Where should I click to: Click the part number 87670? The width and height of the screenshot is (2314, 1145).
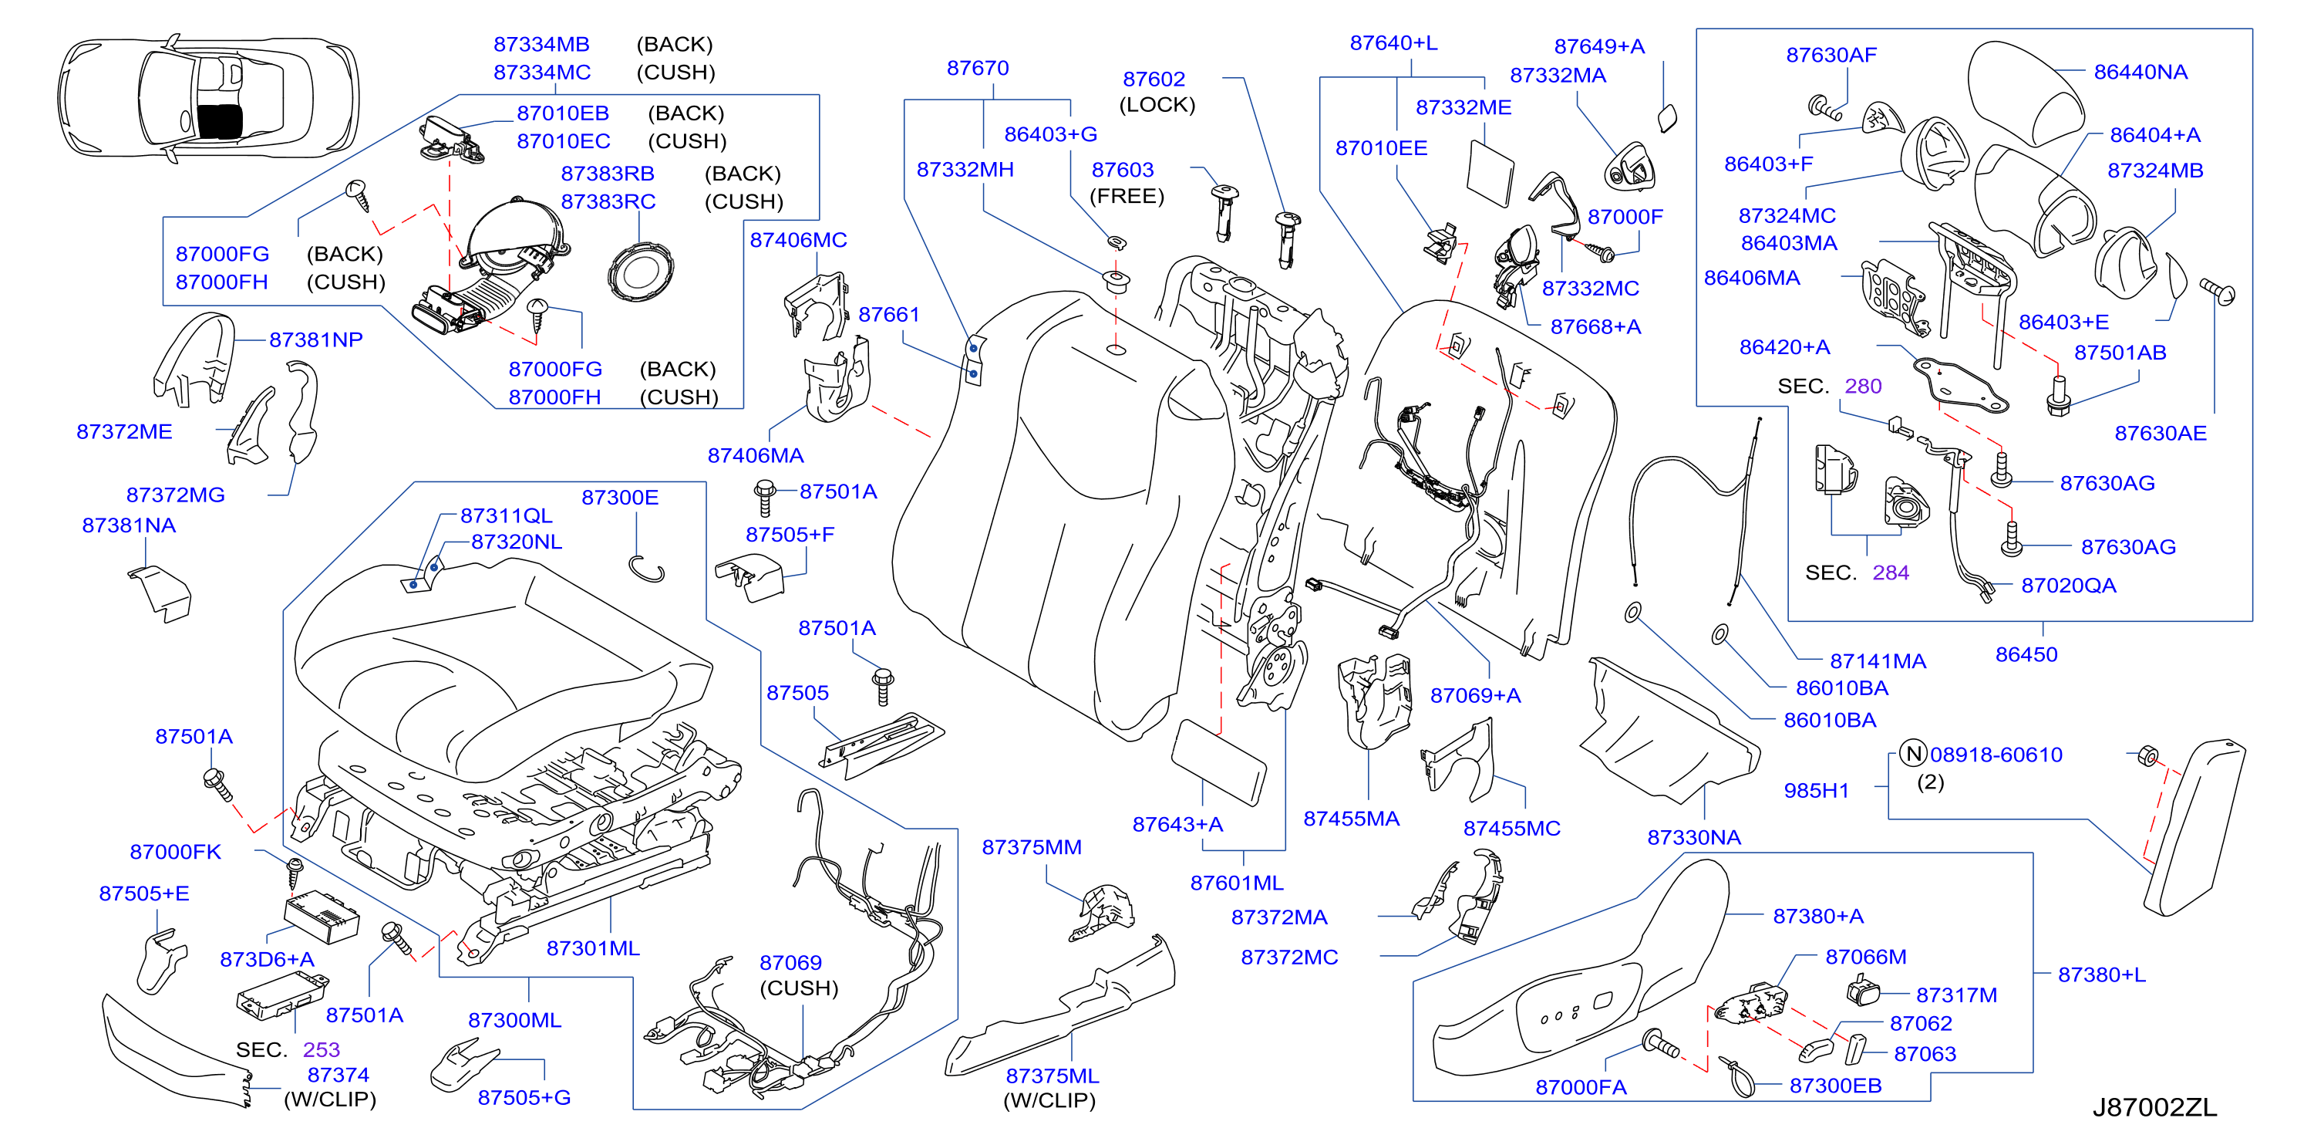click(x=978, y=69)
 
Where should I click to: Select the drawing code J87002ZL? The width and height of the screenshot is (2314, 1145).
click(x=2154, y=1107)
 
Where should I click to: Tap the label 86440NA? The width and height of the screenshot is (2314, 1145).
click(x=2141, y=72)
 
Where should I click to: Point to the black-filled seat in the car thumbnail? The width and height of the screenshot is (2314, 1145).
click(x=219, y=120)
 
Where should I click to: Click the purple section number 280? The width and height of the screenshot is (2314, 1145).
click(x=1863, y=386)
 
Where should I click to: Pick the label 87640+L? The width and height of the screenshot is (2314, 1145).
click(x=1393, y=42)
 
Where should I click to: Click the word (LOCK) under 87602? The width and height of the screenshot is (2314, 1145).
click(x=1157, y=104)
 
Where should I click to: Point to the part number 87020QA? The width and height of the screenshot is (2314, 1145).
click(x=2069, y=585)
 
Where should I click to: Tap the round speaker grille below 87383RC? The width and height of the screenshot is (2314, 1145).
click(x=641, y=272)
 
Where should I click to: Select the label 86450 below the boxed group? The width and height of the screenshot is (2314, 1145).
click(x=2026, y=654)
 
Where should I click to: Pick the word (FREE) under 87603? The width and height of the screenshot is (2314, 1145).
click(x=1127, y=196)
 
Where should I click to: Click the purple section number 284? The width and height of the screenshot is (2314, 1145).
click(x=1890, y=572)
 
